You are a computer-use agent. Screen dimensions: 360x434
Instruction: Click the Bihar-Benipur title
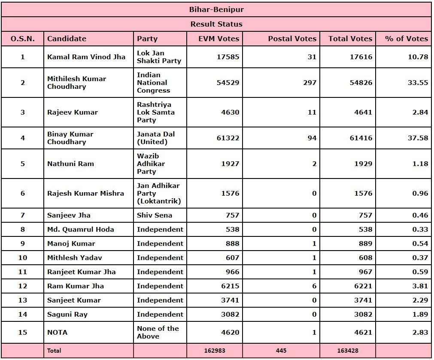coord(216,9)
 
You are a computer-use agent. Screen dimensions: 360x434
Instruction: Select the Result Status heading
coord(216,24)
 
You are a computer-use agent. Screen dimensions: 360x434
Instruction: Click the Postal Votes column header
coord(292,39)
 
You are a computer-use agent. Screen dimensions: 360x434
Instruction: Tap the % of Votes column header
coord(406,39)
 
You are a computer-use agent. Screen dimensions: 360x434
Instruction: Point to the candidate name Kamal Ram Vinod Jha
coord(86,57)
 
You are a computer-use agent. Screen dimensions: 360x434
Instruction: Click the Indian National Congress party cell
coord(153,82)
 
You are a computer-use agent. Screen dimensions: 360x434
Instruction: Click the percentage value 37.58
coord(418,138)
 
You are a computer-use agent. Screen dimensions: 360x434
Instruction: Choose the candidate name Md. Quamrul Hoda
coord(81,229)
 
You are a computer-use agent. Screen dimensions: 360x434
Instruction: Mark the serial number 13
coord(22,300)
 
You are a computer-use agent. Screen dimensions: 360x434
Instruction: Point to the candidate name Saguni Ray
coord(67,314)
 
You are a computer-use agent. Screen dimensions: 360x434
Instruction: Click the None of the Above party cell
coord(158,332)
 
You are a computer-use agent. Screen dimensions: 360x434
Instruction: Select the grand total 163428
coord(348,351)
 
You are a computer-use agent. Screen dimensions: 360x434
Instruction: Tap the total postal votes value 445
coord(281,351)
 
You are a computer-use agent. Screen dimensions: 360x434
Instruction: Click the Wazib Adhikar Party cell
coord(151,163)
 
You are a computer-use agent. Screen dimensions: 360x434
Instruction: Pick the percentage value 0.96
coord(420,193)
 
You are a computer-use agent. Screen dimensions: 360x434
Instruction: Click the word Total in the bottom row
coord(54,351)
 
